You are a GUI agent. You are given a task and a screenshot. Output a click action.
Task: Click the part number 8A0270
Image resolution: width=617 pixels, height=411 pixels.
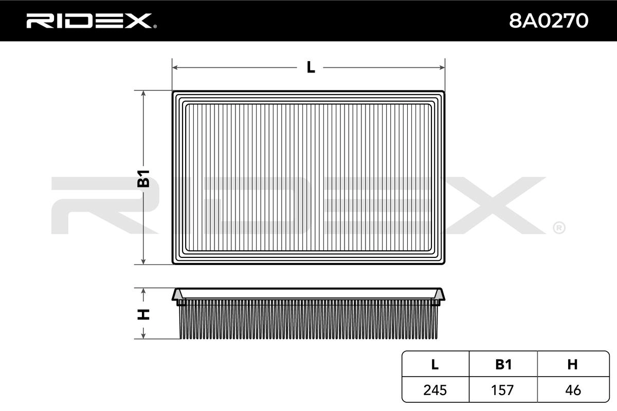coord(548,21)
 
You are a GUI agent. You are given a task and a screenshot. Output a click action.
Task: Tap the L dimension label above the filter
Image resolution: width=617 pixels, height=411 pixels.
coord(310,67)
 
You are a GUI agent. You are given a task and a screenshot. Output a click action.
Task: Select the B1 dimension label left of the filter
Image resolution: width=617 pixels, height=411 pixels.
coord(143,177)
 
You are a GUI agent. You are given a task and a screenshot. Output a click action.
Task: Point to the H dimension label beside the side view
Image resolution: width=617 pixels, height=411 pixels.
coord(143,313)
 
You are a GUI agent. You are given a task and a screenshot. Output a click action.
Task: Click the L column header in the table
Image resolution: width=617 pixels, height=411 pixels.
coord(435,364)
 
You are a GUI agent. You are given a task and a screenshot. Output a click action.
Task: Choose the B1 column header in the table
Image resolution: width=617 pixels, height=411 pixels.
coord(503,364)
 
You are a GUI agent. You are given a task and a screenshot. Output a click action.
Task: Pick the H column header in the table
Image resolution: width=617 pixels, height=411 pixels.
coord(572,364)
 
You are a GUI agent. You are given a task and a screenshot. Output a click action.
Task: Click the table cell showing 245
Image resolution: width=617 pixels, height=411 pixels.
coord(435,390)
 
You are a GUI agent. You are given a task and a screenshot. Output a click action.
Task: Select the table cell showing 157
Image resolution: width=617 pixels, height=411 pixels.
coord(503,390)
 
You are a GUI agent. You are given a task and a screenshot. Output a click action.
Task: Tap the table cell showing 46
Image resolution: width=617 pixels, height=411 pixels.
coord(572,390)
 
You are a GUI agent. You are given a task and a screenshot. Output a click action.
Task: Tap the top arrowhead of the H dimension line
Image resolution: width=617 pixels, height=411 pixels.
coord(143,291)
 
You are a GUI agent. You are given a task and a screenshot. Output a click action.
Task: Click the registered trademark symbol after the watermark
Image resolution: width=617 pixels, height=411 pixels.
coord(558,227)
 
